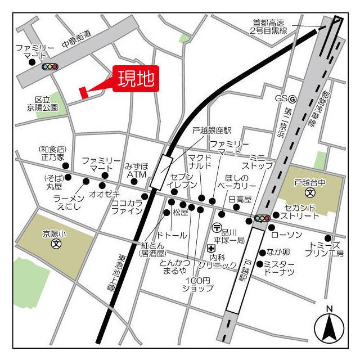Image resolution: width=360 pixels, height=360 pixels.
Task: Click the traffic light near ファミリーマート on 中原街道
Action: (x=50, y=66)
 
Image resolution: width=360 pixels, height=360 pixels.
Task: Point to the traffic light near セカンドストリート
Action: (x=262, y=218)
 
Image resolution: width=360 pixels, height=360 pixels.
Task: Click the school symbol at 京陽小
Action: (x=56, y=244)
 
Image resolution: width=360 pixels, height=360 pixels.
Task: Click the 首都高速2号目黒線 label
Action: (x=269, y=27)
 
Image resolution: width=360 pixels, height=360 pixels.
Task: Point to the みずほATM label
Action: (x=136, y=171)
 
